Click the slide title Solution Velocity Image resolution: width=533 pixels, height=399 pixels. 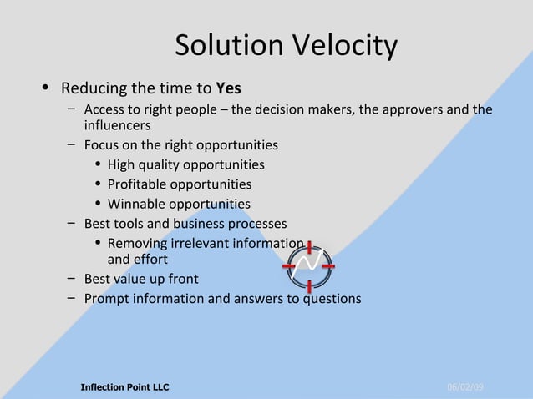[286, 46]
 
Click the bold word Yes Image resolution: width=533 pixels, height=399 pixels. [228, 88]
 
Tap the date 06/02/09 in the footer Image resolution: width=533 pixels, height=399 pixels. [465, 387]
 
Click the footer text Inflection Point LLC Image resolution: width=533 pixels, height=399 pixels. [124, 387]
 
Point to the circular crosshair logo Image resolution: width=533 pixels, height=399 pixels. [309, 266]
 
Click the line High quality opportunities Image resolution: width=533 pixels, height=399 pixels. [185, 165]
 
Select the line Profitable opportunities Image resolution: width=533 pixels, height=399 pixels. [179, 184]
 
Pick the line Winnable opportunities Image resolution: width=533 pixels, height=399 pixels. [179, 204]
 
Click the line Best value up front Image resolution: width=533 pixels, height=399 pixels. [141, 279]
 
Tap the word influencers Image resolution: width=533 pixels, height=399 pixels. [117, 126]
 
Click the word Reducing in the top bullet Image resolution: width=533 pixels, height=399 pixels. [92, 88]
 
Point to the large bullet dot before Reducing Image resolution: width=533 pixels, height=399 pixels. [46, 88]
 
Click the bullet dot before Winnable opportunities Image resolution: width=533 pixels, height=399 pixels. [98, 205]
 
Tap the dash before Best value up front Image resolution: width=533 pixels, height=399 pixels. [73, 279]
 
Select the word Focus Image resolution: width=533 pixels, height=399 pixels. [102, 145]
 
